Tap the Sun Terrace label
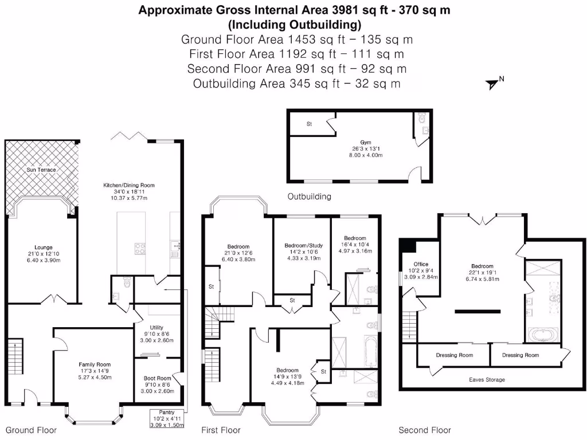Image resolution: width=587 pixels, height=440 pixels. (x=41, y=170)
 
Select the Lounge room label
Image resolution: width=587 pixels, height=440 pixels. (x=44, y=247)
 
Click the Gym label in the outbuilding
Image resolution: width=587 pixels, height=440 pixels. (x=366, y=143)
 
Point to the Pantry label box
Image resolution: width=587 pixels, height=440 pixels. (x=167, y=418)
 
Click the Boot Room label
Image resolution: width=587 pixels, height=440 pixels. (x=157, y=378)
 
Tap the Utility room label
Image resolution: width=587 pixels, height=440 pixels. (x=156, y=327)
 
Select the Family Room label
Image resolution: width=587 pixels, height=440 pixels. (x=95, y=364)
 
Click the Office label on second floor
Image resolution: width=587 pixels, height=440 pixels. (x=421, y=264)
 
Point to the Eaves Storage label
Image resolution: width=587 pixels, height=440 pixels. (x=487, y=380)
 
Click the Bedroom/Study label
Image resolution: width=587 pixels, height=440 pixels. (x=304, y=245)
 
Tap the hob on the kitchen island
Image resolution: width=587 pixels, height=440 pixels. (x=140, y=249)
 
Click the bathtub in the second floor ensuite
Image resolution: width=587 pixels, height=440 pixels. (x=543, y=335)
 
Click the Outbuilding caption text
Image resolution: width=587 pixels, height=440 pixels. (x=309, y=197)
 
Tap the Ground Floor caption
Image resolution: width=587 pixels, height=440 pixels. (x=31, y=430)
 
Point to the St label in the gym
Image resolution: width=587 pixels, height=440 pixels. (x=309, y=124)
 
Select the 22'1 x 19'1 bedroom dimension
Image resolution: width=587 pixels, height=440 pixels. (x=482, y=273)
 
